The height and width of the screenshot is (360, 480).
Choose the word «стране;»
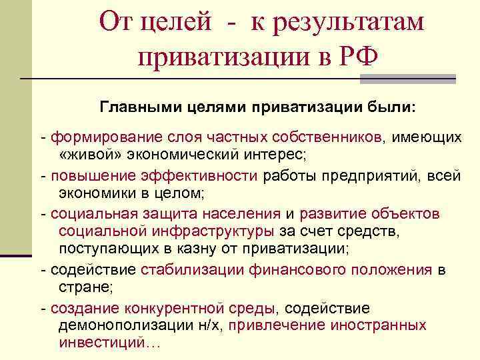[x=87, y=288]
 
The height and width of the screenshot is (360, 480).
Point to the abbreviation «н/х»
[x=213, y=326]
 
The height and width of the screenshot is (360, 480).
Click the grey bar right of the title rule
[x=407, y=79]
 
